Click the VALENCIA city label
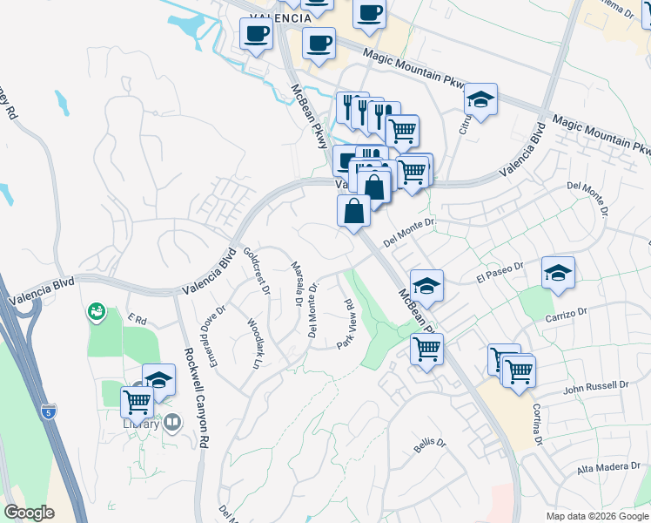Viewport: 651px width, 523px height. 280,17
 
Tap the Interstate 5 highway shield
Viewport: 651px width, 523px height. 49,410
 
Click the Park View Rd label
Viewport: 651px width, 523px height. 345,324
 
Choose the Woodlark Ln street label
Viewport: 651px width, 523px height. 255,343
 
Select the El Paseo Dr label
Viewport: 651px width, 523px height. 499,275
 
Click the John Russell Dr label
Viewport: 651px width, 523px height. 595,385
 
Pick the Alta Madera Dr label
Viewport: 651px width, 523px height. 608,469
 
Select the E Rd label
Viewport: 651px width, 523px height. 134,319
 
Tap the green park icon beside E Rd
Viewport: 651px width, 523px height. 96,310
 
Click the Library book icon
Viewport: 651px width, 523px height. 172,424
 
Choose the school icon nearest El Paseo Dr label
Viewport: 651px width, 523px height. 557,273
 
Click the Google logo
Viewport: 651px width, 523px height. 30,513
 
